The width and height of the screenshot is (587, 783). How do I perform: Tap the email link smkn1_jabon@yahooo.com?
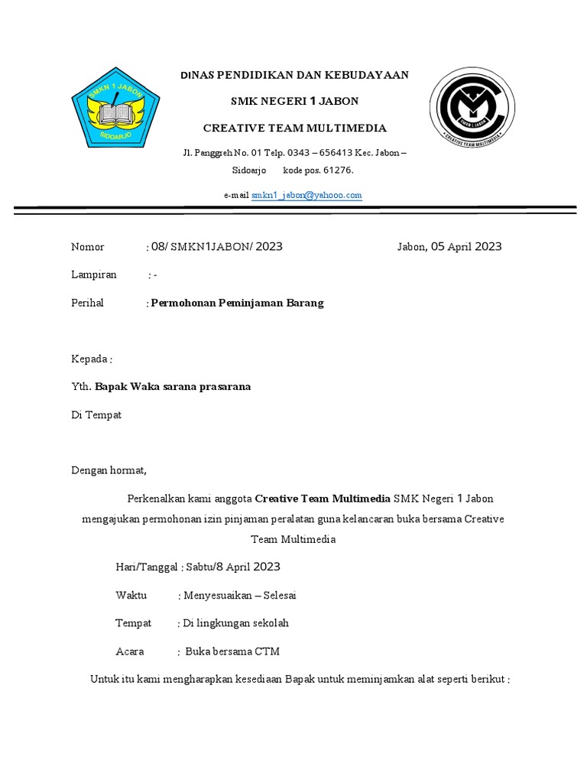(306, 196)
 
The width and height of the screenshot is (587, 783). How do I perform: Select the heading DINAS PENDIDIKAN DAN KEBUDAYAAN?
(294, 75)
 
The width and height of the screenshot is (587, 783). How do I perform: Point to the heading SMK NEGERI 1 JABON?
(294, 102)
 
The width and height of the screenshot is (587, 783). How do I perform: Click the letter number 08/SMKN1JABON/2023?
(217, 246)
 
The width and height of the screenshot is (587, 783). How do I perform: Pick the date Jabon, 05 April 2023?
(449, 246)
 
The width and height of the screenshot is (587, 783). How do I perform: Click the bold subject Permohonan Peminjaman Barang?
(237, 303)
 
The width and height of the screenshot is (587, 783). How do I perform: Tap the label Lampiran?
(94, 275)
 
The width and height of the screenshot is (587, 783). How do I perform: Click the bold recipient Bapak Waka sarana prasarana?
(172, 387)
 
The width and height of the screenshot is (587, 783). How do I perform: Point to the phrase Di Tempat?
(96, 415)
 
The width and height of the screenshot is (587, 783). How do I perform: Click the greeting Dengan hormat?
(109, 470)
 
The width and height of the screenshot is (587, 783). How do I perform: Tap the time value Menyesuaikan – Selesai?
(239, 596)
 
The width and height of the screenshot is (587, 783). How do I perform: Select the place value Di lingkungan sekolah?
(235, 624)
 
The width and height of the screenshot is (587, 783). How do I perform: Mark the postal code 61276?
(339, 171)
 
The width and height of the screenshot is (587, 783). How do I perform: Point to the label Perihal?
(87, 303)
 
